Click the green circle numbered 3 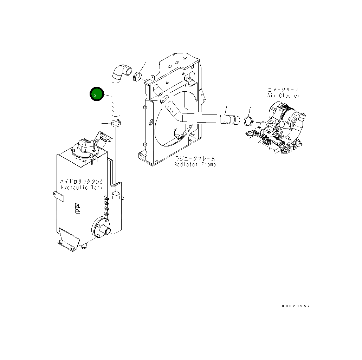point(96,94)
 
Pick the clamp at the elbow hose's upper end point(137,75)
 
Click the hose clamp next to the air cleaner point(248,122)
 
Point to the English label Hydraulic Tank point(82,188)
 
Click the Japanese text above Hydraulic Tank point(82,181)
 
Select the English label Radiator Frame point(195,164)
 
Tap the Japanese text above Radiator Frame point(195,158)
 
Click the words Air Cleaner point(283,96)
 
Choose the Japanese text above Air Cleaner point(283,90)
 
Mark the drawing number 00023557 point(296,306)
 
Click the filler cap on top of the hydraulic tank point(84,147)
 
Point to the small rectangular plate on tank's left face point(59,196)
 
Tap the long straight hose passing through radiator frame point(204,118)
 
